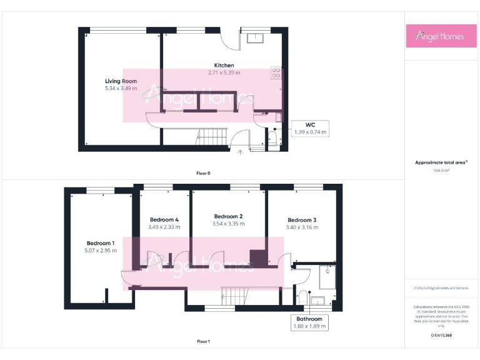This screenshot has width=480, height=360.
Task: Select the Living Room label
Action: pos(121,81)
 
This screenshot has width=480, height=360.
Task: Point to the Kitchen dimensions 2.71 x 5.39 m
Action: pos(224,73)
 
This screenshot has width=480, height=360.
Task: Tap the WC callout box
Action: pos(311,128)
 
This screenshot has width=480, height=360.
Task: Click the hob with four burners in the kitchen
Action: pos(276,73)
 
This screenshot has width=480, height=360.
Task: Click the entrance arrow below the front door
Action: pos(241,151)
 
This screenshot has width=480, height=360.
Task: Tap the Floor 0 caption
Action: pos(203,173)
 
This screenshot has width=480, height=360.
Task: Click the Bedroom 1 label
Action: pos(100,243)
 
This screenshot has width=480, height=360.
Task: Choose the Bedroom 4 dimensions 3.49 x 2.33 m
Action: pos(165,227)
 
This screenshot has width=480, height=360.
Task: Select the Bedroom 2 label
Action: pos(227,216)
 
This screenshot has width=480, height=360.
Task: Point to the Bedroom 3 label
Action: pos(302,220)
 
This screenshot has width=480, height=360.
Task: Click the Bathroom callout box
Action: pos(310,322)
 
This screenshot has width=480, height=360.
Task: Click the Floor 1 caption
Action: pos(203,342)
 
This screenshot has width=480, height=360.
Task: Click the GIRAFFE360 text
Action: pos(441,336)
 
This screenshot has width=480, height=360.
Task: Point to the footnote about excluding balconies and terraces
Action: pos(441,288)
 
